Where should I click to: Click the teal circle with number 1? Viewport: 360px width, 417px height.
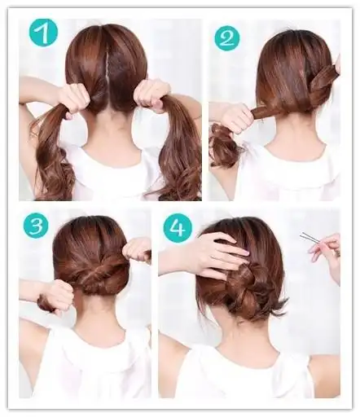43,33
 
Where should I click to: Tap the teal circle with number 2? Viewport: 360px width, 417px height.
227,38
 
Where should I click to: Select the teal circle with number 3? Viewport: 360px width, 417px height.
36,225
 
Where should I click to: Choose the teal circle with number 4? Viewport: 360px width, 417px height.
178,228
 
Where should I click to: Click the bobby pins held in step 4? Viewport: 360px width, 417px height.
308,237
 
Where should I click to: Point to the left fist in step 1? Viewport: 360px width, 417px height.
74,99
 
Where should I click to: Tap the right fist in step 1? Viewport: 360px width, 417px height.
152,96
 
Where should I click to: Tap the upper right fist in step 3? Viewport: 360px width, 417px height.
137,250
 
